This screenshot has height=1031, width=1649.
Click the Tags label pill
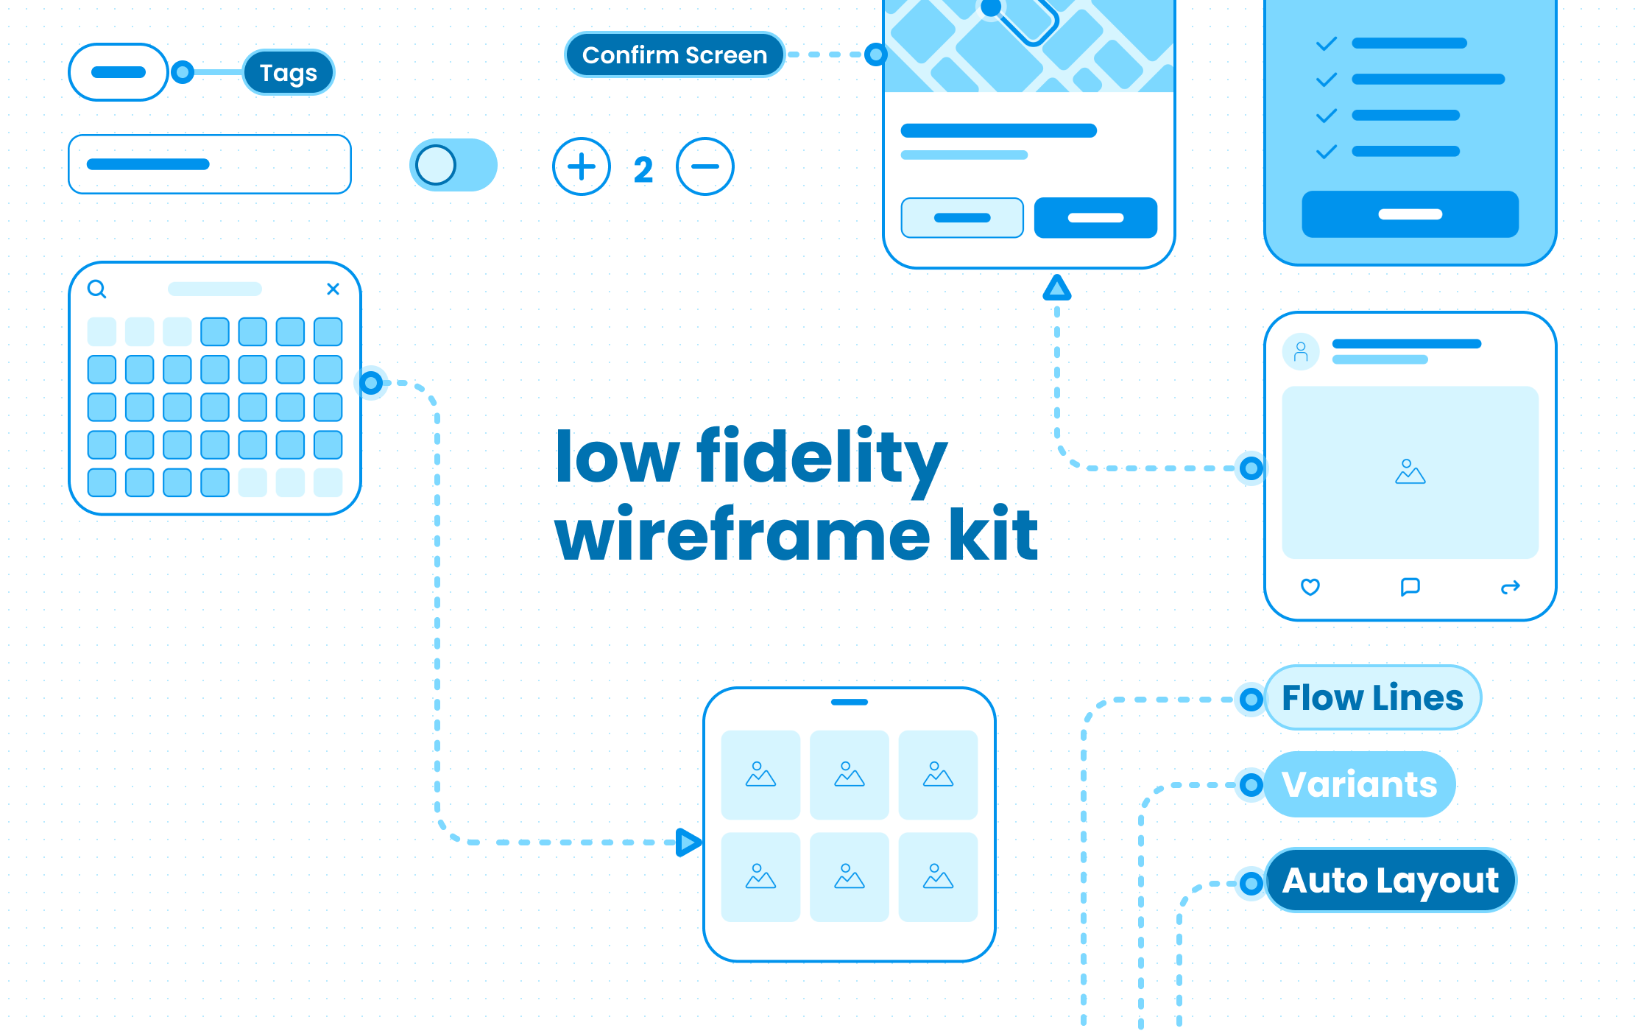click(x=289, y=72)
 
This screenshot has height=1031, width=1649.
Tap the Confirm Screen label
click(x=674, y=54)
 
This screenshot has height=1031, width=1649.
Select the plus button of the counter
click(x=582, y=166)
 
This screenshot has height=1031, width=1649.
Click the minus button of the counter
click(x=705, y=166)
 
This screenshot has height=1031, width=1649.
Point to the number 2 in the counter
click(x=643, y=170)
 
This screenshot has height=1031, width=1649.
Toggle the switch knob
click(x=436, y=165)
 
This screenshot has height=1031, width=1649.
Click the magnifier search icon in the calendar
click(x=97, y=289)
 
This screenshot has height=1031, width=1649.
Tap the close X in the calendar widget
click(x=333, y=289)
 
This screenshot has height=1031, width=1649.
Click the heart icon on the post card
click(x=1310, y=587)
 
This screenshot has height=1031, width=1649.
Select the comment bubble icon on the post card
click(x=1410, y=587)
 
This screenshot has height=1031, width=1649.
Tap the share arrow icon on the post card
click(x=1511, y=587)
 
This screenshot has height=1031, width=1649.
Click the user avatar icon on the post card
click(x=1301, y=352)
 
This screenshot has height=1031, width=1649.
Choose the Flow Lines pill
click(x=1372, y=697)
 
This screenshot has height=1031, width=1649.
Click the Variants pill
click(x=1359, y=784)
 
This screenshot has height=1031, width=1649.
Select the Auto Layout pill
click(x=1390, y=880)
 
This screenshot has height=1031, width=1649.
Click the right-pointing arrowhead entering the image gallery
click(x=688, y=842)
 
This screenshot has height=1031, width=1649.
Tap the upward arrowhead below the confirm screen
click(x=1057, y=288)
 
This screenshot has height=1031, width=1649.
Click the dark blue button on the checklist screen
click(x=1410, y=214)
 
